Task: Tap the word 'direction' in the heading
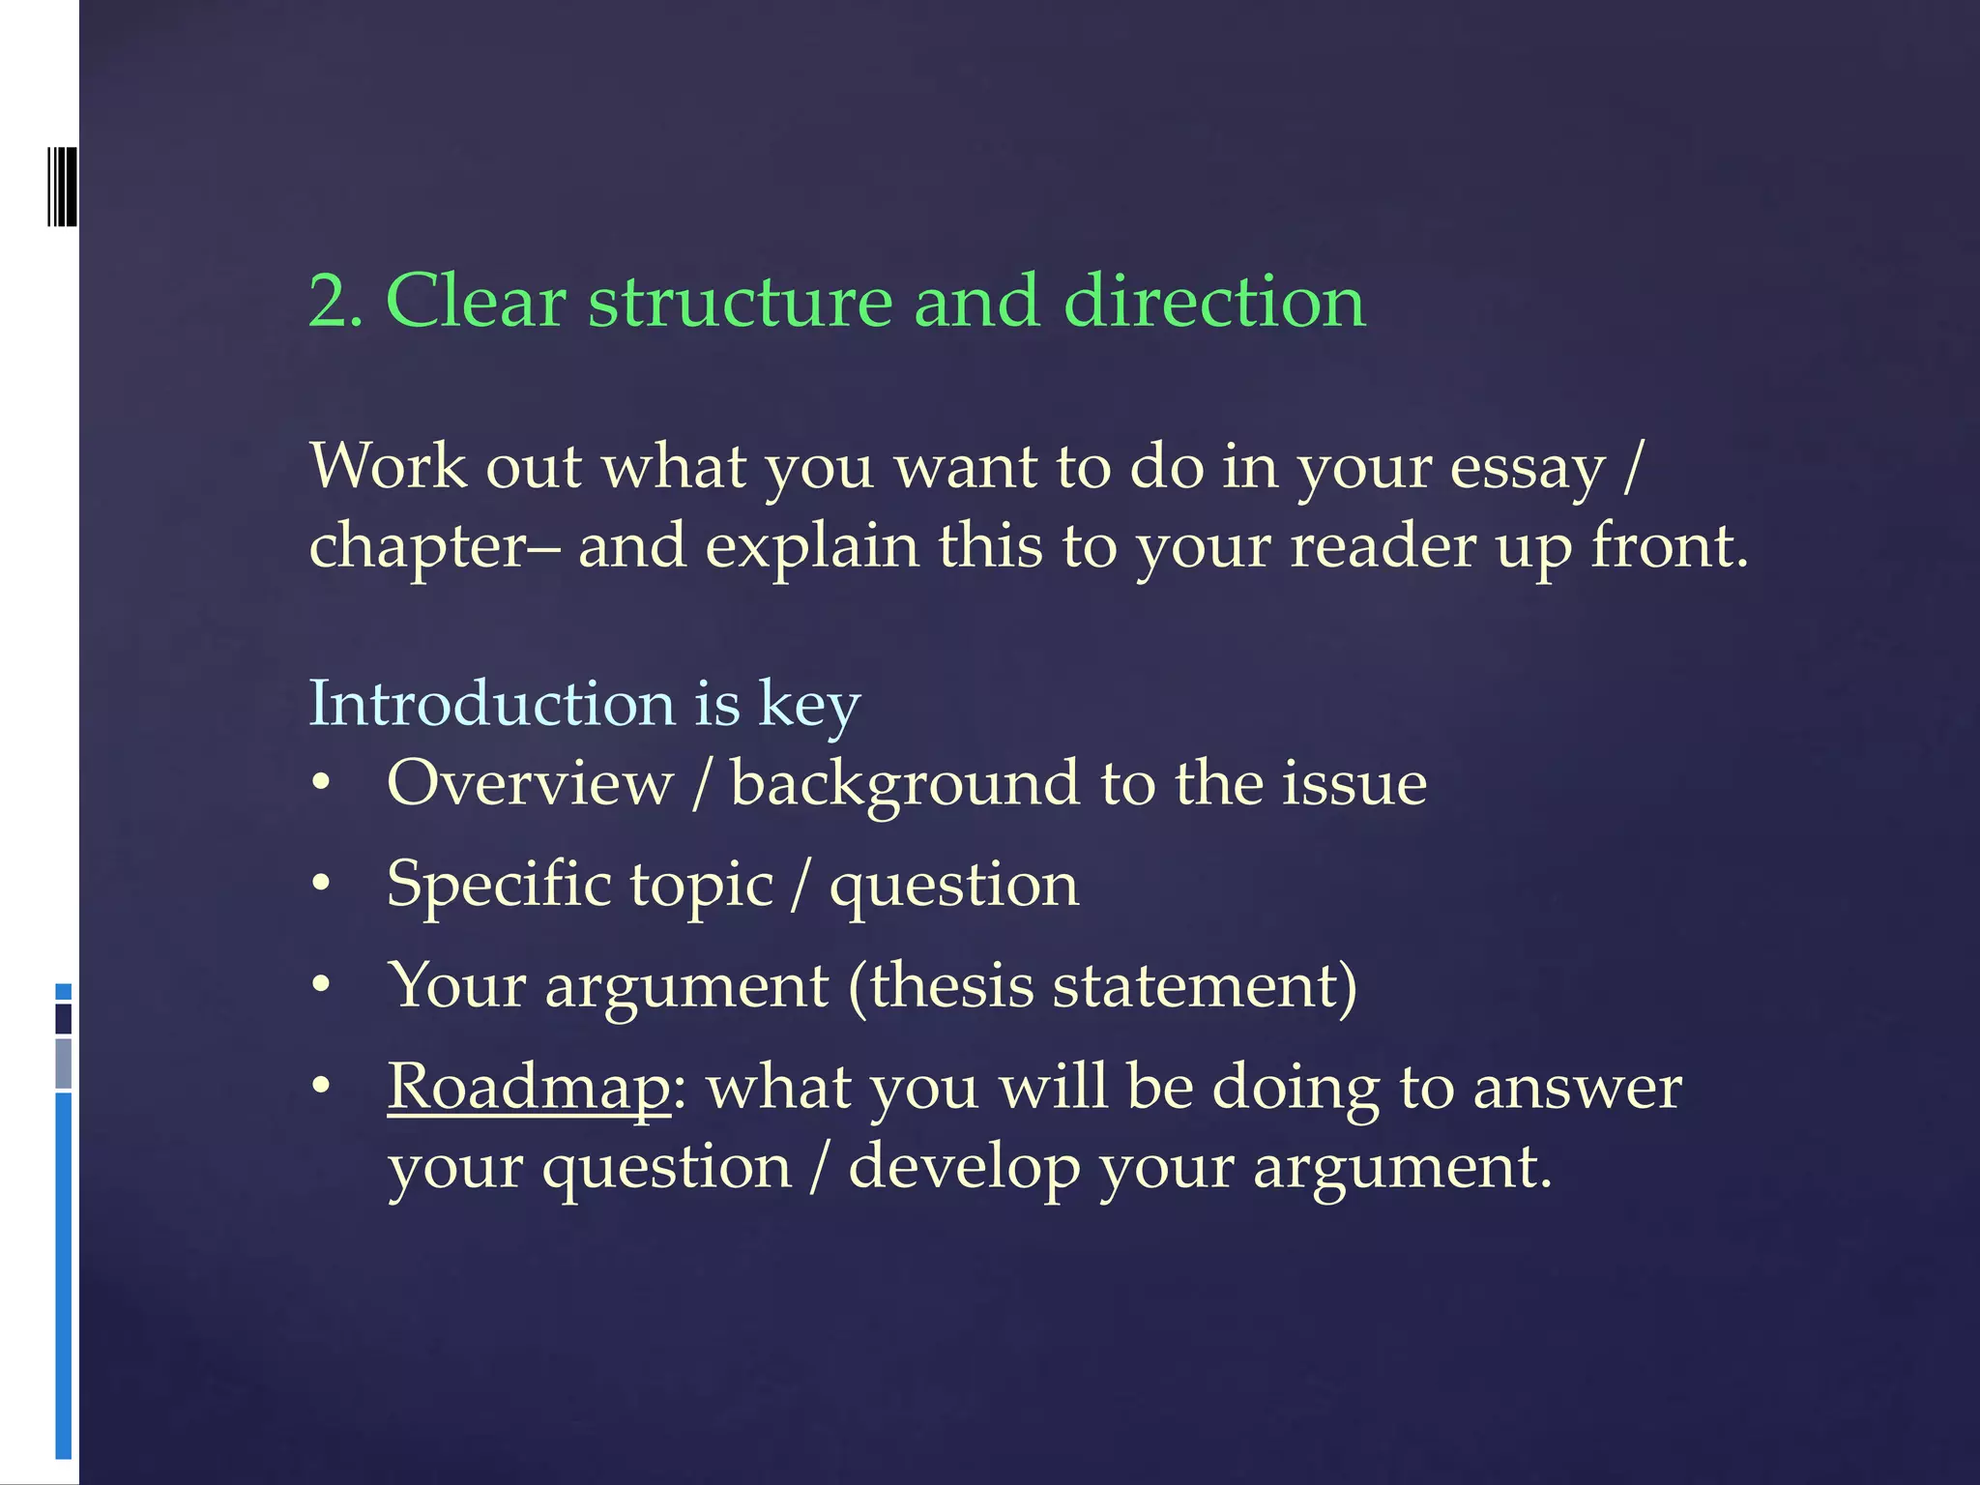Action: coord(1214,302)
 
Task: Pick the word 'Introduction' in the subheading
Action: coord(491,703)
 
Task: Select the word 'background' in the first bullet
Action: coord(904,785)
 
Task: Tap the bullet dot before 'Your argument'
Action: coord(322,986)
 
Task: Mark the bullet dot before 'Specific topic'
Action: coord(322,884)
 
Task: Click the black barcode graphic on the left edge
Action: coord(62,186)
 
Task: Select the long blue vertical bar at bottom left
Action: coord(64,1276)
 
